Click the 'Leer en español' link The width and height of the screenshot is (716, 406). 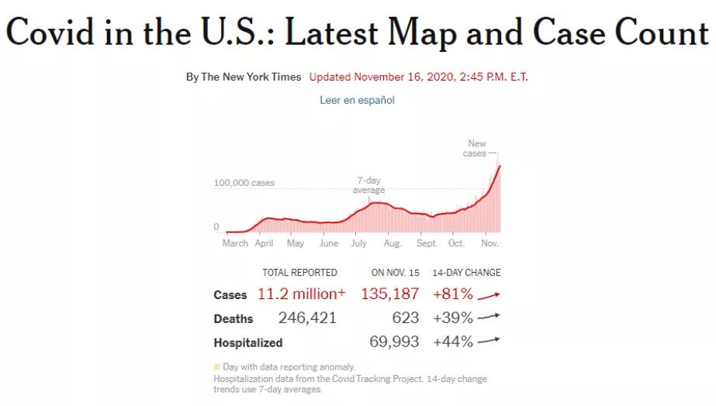click(357, 100)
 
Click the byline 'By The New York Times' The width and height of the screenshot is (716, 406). click(244, 77)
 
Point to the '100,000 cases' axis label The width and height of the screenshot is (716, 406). click(244, 184)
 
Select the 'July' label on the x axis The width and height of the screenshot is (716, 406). click(358, 243)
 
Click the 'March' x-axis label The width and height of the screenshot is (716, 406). click(235, 243)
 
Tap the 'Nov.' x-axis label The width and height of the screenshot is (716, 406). click(489, 243)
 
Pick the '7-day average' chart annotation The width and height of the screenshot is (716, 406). click(368, 185)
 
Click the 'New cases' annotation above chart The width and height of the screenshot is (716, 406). click(476, 148)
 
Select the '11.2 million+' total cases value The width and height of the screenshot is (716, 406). click(302, 294)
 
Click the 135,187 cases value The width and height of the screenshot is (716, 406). click(389, 294)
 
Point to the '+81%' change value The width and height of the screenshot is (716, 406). click(453, 294)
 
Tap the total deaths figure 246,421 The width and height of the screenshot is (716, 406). click(307, 318)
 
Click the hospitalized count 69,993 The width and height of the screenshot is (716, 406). click(394, 342)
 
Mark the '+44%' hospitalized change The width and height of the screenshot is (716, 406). click(453, 342)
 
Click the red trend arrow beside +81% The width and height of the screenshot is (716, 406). click(489, 294)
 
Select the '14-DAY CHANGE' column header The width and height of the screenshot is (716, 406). click(466, 273)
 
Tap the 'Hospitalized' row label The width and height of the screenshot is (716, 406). click(248, 342)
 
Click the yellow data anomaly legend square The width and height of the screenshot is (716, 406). click(216, 366)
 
